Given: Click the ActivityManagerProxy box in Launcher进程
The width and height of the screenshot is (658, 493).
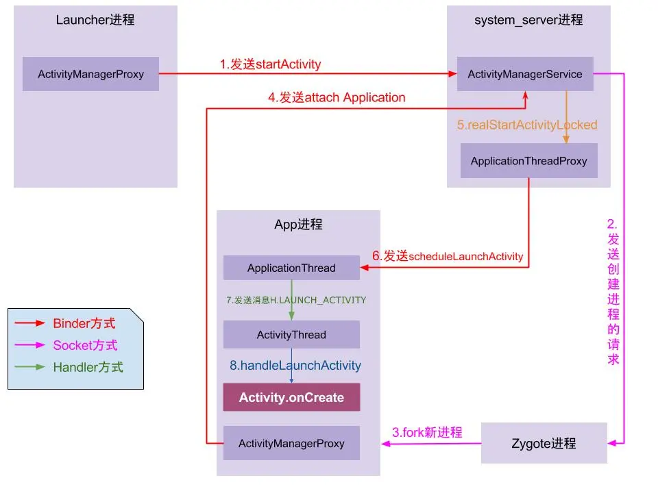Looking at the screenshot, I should pyautogui.click(x=90, y=74).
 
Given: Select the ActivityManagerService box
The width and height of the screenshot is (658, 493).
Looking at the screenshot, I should pyautogui.click(x=525, y=74).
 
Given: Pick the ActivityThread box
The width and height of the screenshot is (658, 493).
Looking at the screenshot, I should pyautogui.click(x=291, y=335).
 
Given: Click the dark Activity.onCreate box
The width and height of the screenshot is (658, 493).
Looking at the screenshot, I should pyautogui.click(x=291, y=397).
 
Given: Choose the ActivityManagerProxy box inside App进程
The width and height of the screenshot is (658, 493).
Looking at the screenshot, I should pyautogui.click(x=291, y=444).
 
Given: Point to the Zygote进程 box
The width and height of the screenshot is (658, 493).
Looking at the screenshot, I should pyautogui.click(x=544, y=443).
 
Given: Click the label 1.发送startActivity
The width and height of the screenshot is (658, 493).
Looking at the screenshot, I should pyautogui.click(x=270, y=64).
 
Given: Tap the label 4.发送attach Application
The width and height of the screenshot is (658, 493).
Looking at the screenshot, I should pyautogui.click(x=336, y=97).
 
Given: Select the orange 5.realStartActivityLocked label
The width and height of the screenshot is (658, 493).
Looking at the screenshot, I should pyautogui.click(x=527, y=125).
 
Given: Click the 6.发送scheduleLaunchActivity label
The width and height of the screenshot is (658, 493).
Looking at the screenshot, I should pyautogui.click(x=448, y=256).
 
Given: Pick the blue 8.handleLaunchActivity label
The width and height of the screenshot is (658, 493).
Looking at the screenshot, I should pyautogui.click(x=295, y=366).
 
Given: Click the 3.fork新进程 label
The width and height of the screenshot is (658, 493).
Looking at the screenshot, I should pyautogui.click(x=427, y=432).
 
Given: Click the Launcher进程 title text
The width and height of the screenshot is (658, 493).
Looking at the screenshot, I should pyautogui.click(x=95, y=20).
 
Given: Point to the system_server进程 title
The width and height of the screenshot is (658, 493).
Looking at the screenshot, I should pyautogui.click(x=528, y=20).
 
